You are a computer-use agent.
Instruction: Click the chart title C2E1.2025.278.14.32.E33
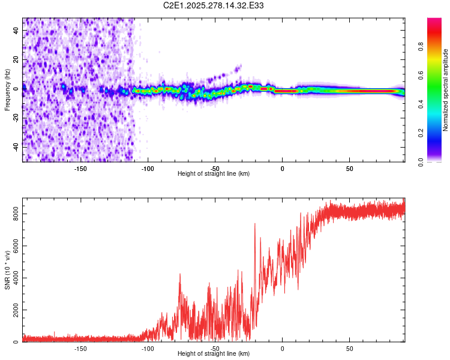pos(214,5)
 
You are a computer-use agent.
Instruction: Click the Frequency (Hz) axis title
pos(8,90)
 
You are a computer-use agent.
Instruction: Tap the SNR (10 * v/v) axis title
pos(8,270)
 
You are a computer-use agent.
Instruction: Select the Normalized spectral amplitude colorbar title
pos(445,90)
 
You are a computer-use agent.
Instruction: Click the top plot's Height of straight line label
pos(214,173)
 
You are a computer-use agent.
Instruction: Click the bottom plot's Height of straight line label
pos(214,353)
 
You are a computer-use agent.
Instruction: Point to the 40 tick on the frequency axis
pos(17,32)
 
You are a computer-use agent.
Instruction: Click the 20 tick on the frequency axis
pos(17,60)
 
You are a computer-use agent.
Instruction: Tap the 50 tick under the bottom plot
pos(349,348)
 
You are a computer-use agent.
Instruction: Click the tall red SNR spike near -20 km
pos(255,224)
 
